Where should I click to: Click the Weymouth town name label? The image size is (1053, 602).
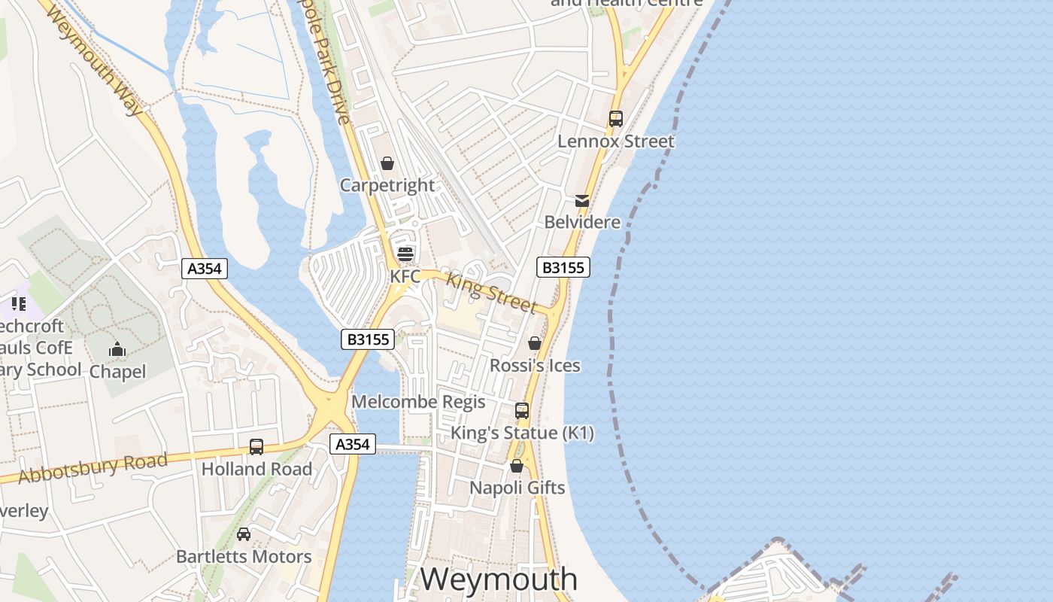pyautogui.click(x=499, y=579)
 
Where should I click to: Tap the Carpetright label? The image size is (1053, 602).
pyautogui.click(x=387, y=185)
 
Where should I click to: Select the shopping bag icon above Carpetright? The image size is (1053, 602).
pyautogui.click(x=387, y=163)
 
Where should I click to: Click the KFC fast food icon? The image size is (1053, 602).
pyautogui.click(x=405, y=254)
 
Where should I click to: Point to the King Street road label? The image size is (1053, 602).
pyautogui.click(x=491, y=293)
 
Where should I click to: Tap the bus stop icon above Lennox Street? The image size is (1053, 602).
pyautogui.click(x=616, y=119)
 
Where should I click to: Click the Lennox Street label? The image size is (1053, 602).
pyautogui.click(x=616, y=141)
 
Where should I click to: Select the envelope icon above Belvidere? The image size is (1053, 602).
pyautogui.click(x=582, y=200)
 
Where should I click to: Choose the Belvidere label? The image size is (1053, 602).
pyautogui.click(x=582, y=222)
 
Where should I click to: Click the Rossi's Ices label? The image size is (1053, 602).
pyautogui.click(x=535, y=366)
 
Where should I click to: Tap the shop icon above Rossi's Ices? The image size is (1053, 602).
pyautogui.click(x=535, y=344)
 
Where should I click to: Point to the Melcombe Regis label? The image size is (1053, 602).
pyautogui.click(x=418, y=402)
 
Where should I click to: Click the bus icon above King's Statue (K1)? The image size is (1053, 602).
pyautogui.click(x=522, y=411)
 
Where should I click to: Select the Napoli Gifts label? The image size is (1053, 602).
pyautogui.click(x=517, y=488)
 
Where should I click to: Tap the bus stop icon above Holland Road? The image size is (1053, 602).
pyautogui.click(x=256, y=447)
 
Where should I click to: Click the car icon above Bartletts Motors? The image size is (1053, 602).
pyautogui.click(x=244, y=534)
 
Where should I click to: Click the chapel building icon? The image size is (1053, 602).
pyautogui.click(x=117, y=350)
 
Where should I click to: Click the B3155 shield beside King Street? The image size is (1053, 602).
pyautogui.click(x=563, y=267)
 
